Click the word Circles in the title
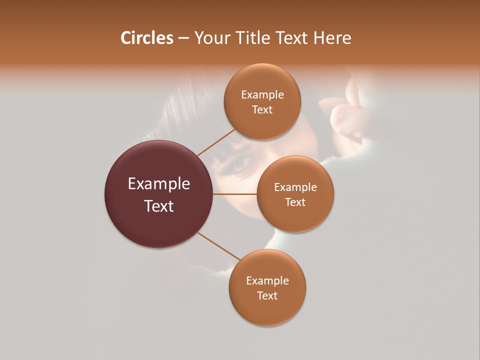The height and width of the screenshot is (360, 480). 146,38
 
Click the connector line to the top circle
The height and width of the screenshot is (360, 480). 216,142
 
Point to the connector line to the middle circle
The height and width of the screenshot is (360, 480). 235,194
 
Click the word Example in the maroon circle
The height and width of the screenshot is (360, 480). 159,184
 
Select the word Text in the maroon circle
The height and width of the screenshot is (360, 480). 159,206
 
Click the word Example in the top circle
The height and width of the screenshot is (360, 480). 262,95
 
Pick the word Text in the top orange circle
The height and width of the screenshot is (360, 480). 262,110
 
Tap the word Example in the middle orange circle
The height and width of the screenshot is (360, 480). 295,187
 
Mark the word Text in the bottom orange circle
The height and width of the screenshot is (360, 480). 267,296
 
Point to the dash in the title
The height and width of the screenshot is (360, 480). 183,38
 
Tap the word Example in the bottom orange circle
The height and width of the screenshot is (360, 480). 267,281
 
